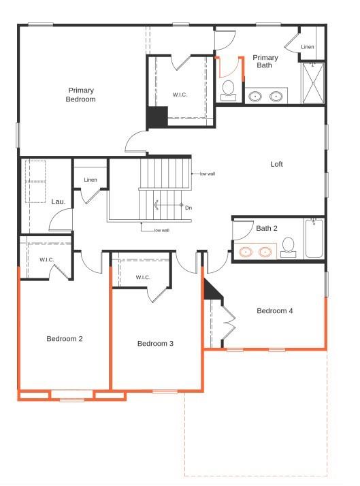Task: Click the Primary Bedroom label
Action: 80,95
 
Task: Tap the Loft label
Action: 276,164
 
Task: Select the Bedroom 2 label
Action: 64,338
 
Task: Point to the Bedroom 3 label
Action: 155,344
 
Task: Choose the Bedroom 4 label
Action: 275,311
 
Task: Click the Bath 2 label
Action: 267,228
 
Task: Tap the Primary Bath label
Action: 265,62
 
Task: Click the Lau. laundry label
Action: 58,201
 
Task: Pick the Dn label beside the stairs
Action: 189,208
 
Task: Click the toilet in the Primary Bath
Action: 229,89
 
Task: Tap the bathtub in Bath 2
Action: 314,238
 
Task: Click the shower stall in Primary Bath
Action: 313,84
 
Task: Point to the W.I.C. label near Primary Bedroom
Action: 180,95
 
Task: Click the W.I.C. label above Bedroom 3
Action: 143,277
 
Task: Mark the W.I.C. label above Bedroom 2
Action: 47,259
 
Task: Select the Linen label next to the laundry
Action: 91,180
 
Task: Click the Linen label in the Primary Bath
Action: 308,46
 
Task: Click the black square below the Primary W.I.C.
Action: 158,117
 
